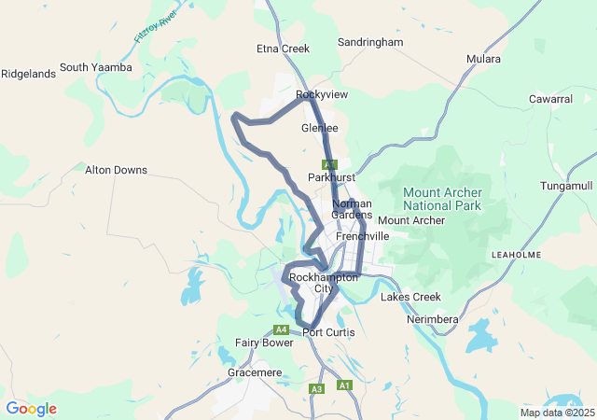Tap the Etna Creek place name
[x=283, y=48]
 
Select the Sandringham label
[x=369, y=43]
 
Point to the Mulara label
[x=483, y=59]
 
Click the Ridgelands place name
[x=27, y=74]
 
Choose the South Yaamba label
[x=96, y=67]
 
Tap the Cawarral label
[x=550, y=99]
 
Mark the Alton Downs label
[x=116, y=170]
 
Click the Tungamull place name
[x=566, y=187]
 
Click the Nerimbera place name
[x=433, y=320]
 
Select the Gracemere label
[x=255, y=372]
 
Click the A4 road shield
[x=281, y=329]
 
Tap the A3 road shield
[x=317, y=388]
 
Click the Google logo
[x=31, y=409]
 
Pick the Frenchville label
[x=362, y=237]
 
